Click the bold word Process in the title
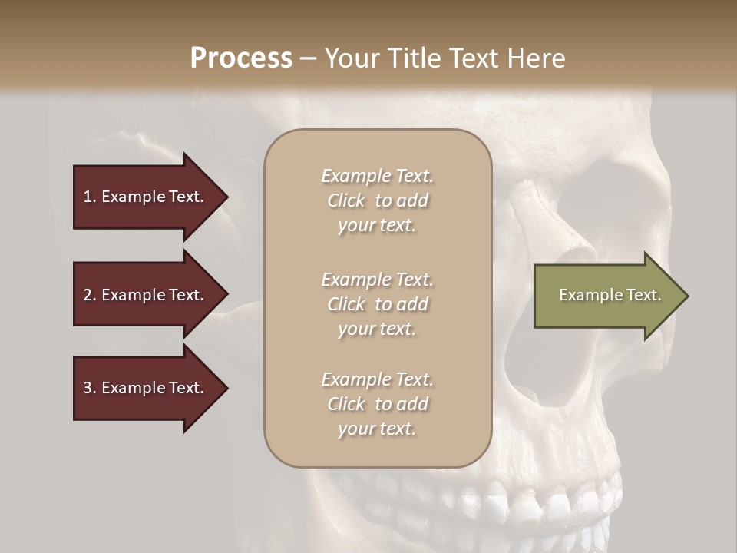[x=241, y=58]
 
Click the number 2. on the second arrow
[x=89, y=295]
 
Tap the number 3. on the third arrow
[x=89, y=388]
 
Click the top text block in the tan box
[x=377, y=200]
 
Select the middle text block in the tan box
[x=377, y=304]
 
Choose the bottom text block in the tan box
[x=377, y=404]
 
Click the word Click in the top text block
[x=346, y=200]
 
